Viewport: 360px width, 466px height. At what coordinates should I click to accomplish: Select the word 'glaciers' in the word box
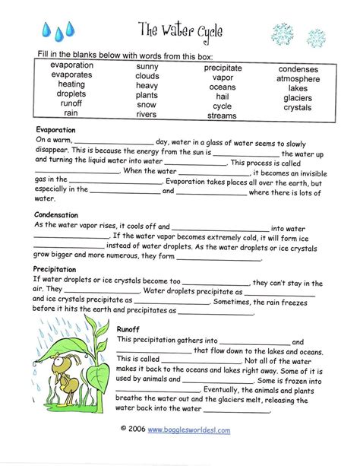[x=298, y=98]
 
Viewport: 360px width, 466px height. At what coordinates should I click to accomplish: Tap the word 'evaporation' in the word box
[x=72, y=65]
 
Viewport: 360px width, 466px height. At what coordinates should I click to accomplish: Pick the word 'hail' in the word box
[x=223, y=97]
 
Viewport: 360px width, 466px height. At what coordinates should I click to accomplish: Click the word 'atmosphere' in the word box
[x=298, y=78]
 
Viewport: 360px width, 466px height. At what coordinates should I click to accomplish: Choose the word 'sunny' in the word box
[x=147, y=67]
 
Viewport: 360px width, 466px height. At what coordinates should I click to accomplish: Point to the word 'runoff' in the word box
[x=71, y=103]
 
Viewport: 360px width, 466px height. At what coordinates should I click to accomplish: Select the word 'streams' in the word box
[x=223, y=116]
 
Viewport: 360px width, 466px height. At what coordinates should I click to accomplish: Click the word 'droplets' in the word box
[x=71, y=94]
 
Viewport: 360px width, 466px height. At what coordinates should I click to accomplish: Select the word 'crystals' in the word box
[x=298, y=108]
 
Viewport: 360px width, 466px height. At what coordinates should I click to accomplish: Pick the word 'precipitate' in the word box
[x=223, y=68]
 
